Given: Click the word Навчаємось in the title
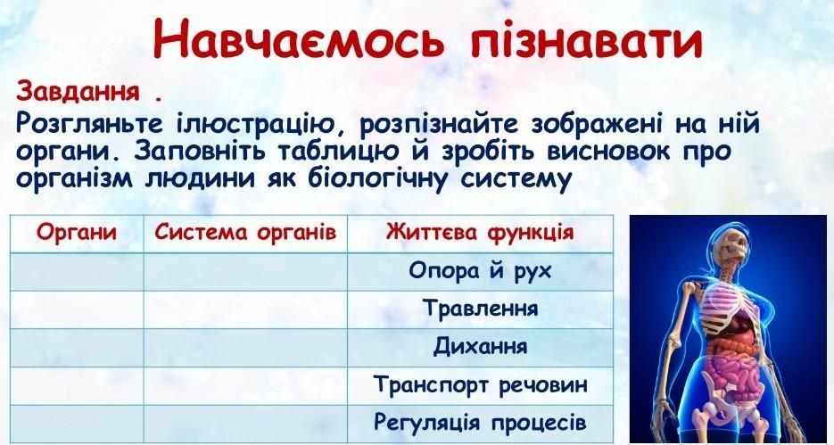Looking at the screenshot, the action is (x=297, y=39).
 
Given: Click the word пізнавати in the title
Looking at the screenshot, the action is (x=586, y=39).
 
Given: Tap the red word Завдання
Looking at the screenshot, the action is (x=78, y=92).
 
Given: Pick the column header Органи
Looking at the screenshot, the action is (x=77, y=233).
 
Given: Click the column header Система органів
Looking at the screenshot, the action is (x=245, y=233).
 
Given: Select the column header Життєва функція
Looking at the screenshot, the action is (x=480, y=233).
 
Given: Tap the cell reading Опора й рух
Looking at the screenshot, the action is (x=480, y=271).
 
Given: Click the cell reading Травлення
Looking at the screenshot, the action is (x=480, y=309).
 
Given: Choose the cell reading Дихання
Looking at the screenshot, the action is (x=480, y=347).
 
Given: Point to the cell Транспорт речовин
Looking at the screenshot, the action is (x=480, y=384).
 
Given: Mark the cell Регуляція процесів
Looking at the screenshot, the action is (x=480, y=423).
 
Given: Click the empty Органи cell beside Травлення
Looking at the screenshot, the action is (x=77, y=309).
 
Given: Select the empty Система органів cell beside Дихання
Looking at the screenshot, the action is (x=245, y=348).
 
